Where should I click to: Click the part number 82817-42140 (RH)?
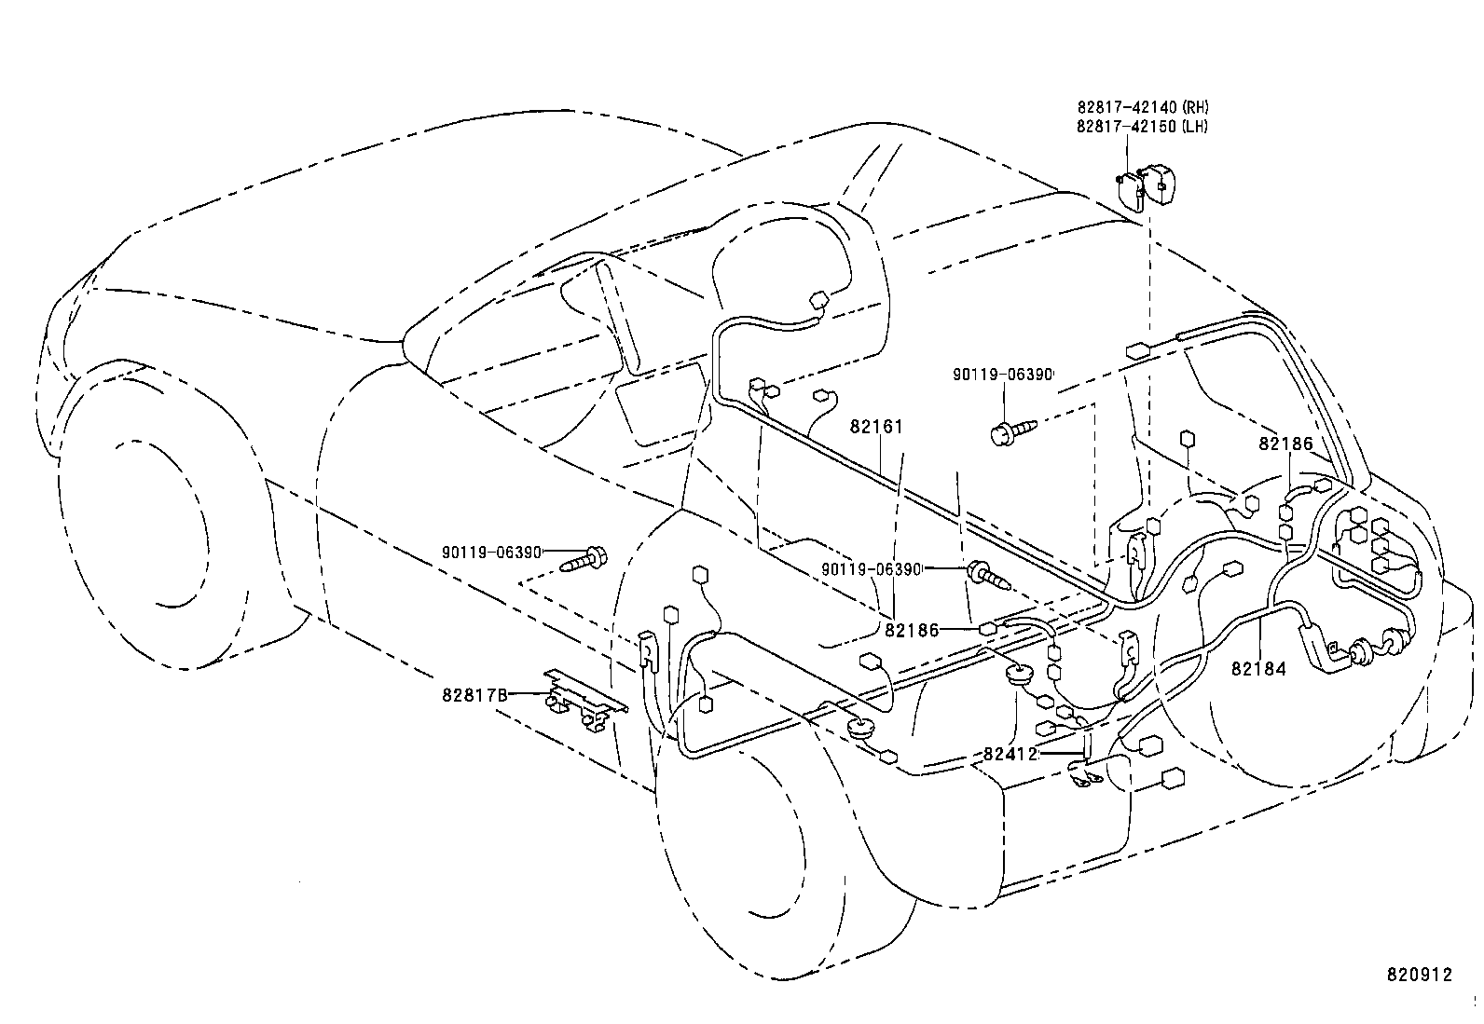point(1143,107)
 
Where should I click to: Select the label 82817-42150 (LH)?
point(1142,126)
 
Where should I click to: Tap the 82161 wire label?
point(876,428)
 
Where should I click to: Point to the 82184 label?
point(1258,669)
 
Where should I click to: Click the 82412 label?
point(1010,754)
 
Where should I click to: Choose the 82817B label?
point(475,695)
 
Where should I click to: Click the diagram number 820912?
point(1419,975)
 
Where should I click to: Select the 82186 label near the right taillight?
point(1285,444)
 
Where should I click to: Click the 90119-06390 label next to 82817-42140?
point(1003,375)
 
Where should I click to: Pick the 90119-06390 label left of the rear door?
point(492,553)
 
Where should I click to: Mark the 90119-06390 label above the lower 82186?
point(872,569)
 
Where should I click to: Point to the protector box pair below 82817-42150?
point(1147,186)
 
